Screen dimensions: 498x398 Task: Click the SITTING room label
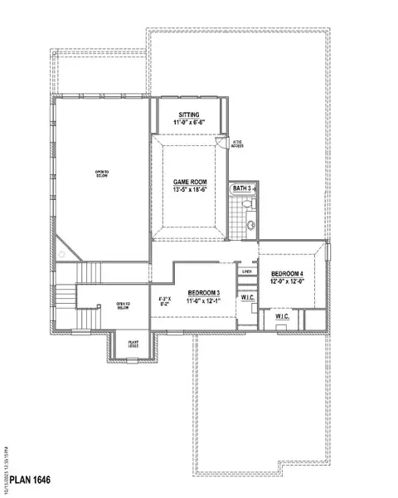click(188, 115)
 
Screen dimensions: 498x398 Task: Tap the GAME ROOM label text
click(189, 181)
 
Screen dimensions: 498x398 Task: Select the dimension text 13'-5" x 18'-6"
click(189, 189)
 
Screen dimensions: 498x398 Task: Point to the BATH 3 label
click(241, 190)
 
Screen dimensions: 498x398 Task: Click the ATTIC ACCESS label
click(237, 143)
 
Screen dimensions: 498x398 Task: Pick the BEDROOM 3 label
click(203, 292)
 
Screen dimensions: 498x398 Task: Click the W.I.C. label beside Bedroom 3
click(247, 297)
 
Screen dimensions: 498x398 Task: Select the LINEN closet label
click(246, 271)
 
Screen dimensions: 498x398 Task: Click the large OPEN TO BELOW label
click(101, 174)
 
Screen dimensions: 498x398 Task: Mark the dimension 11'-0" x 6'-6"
click(188, 124)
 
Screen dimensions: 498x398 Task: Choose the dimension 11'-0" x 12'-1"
click(203, 300)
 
